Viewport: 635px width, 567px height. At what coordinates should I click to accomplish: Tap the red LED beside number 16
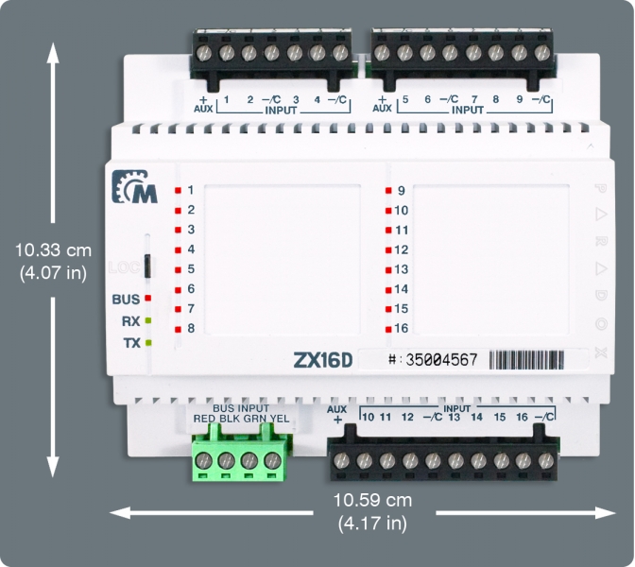click(x=388, y=328)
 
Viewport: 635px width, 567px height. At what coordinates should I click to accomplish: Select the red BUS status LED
click(x=148, y=299)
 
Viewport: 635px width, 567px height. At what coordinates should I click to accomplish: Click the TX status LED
click(x=148, y=343)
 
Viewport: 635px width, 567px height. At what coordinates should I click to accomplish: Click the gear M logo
click(x=135, y=187)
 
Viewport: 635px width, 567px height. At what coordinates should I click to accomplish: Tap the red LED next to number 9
click(x=388, y=190)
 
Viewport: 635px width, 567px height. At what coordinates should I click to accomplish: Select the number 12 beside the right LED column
click(x=402, y=249)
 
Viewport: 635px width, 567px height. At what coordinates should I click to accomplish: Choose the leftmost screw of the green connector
click(x=203, y=461)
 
